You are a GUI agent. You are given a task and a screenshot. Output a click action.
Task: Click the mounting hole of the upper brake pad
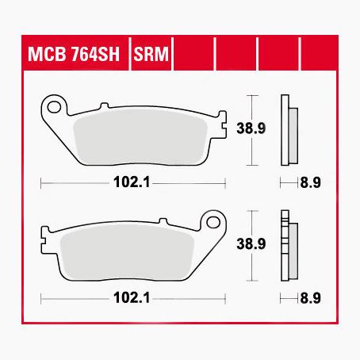56,103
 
